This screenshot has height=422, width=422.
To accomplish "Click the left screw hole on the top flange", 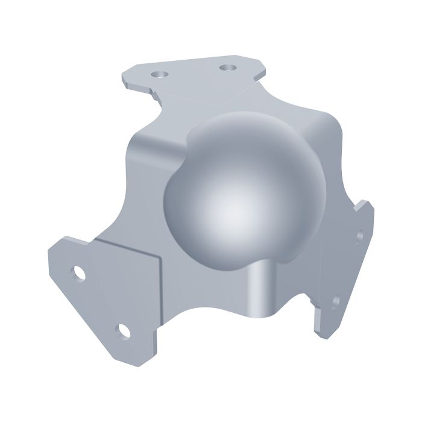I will point(159,74).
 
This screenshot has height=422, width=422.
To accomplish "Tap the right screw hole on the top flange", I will point(227,68).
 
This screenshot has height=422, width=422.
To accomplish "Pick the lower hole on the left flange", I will point(123,330).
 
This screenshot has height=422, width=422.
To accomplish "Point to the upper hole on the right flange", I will point(360,235).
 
